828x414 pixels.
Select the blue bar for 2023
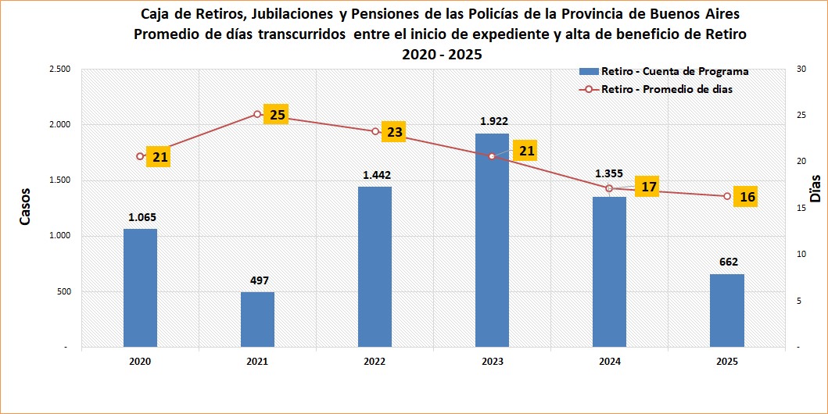pyautogui.click(x=492, y=240)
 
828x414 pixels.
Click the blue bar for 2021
pyautogui.click(x=257, y=319)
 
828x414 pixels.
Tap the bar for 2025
pyautogui.click(x=727, y=310)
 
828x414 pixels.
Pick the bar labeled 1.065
pyautogui.click(x=140, y=287)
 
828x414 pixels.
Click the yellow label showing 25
pyautogui.click(x=277, y=115)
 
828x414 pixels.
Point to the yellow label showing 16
pyautogui.click(x=747, y=197)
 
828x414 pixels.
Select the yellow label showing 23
pyautogui.click(x=394, y=132)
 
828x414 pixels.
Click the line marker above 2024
pyautogui.click(x=609, y=188)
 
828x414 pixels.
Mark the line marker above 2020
pyautogui.click(x=140, y=156)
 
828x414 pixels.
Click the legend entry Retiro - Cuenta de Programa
pyautogui.click(x=664, y=71)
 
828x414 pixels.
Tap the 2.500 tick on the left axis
pyautogui.click(x=59, y=70)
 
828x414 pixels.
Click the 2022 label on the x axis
pyautogui.click(x=375, y=362)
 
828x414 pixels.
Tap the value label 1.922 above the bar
pyautogui.click(x=493, y=121)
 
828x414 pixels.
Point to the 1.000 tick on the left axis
pyautogui.click(x=59, y=236)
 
